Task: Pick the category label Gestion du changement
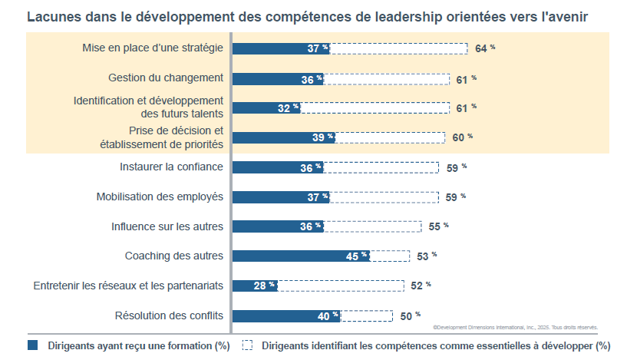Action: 166,78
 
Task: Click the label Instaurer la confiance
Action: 171,167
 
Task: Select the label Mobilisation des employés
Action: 160,197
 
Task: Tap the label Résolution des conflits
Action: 169,315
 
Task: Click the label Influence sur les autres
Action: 167,226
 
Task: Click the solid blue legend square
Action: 33,345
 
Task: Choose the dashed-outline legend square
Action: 247,345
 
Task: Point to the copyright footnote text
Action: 515,327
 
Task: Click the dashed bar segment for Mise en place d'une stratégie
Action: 399,48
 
